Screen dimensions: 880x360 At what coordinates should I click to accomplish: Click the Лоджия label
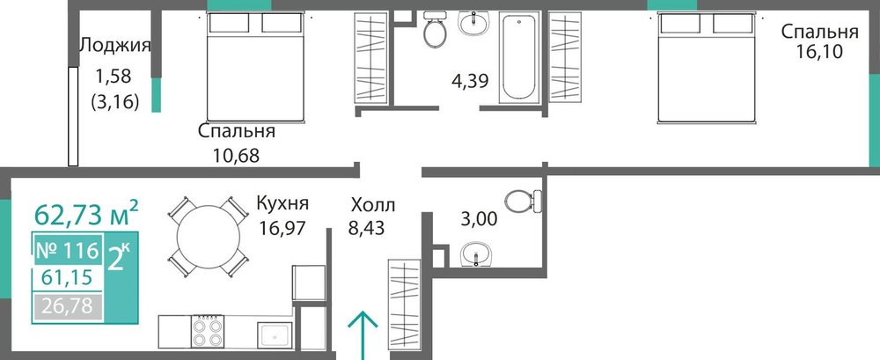[115, 45]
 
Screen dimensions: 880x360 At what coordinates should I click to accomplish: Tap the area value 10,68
[236, 155]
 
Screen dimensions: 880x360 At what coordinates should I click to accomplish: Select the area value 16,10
[819, 52]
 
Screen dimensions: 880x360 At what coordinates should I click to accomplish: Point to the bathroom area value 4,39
[470, 81]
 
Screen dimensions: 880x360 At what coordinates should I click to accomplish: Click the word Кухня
[282, 202]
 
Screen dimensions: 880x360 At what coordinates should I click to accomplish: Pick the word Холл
[372, 204]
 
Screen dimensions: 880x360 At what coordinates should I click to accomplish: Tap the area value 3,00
[479, 219]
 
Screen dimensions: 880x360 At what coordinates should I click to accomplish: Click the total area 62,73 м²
[86, 213]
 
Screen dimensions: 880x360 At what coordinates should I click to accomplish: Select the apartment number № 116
[68, 251]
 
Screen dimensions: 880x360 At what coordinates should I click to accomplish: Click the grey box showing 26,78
[68, 308]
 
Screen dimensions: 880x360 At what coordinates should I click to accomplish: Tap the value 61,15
[68, 278]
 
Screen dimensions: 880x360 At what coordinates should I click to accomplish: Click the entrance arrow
[362, 335]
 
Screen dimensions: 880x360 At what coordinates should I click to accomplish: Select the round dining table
[209, 237]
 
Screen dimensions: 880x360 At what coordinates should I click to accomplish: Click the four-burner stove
[208, 331]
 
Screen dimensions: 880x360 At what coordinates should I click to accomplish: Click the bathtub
[518, 57]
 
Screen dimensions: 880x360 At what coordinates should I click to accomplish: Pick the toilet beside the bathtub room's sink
[435, 29]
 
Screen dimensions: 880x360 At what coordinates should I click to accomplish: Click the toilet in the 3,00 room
[524, 202]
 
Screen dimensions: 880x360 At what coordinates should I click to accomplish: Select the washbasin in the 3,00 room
[476, 254]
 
